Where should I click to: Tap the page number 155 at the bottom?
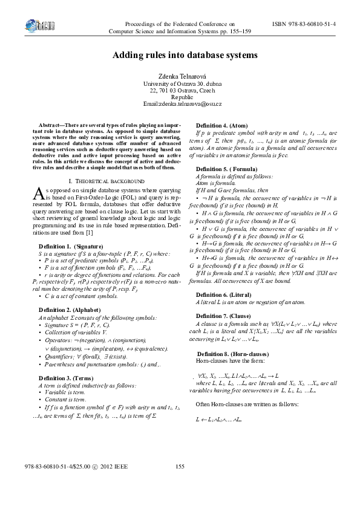(179, 465)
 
